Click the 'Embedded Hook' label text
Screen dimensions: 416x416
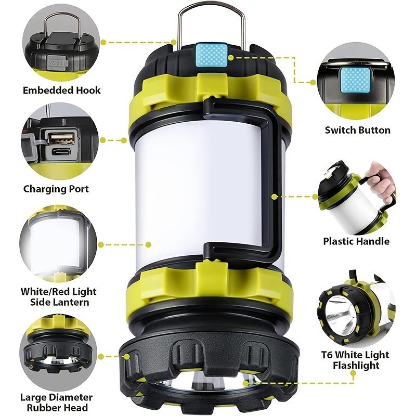[x=61, y=90]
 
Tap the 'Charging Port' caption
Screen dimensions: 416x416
[x=56, y=189]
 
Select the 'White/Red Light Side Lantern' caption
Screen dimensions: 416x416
[x=58, y=297]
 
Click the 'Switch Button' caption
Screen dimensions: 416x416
[x=357, y=130]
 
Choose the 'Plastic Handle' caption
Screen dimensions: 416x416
[x=356, y=241]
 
